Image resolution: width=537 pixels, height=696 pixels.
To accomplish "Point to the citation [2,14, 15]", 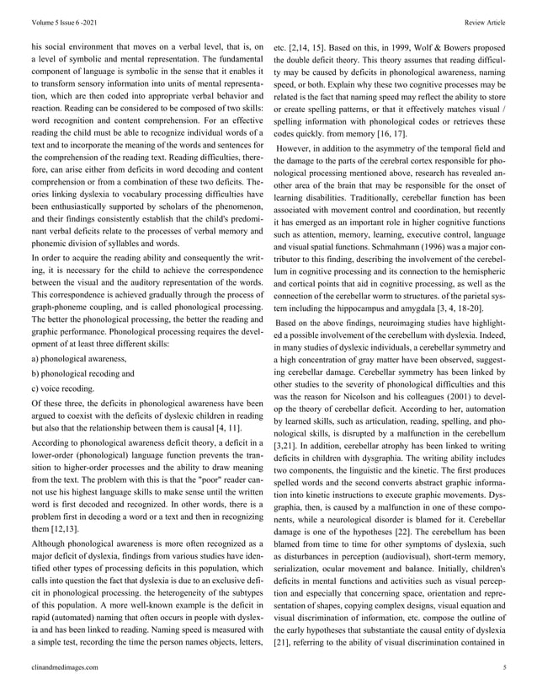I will click(x=309, y=38).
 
